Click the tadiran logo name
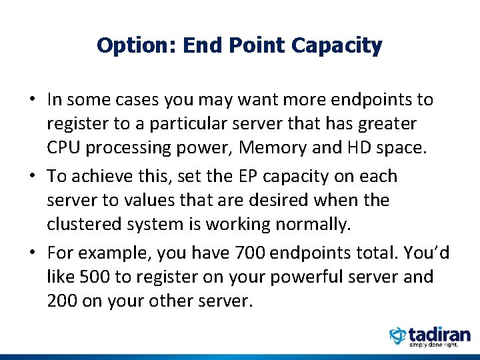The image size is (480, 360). click(440, 334)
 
